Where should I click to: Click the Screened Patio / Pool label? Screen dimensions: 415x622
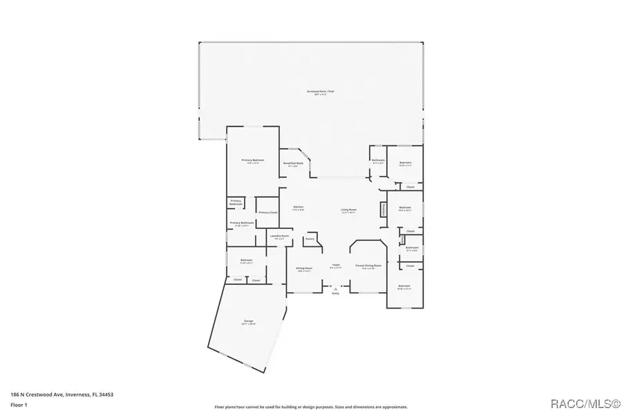(x=317, y=92)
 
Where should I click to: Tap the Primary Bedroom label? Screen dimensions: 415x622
(x=249, y=161)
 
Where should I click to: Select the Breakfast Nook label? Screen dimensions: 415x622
(x=291, y=164)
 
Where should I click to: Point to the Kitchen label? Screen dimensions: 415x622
(x=299, y=207)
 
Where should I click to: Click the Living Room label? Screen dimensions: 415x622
(x=348, y=210)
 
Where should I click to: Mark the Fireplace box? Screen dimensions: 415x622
(x=381, y=210)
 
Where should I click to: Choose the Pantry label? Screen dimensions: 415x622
(x=310, y=239)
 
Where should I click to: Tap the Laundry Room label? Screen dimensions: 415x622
(x=279, y=237)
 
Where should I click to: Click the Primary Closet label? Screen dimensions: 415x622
(x=267, y=212)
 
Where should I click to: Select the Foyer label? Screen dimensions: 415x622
(x=336, y=265)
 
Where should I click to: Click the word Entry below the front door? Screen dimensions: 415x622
(x=336, y=294)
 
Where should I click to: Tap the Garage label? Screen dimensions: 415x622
(x=248, y=322)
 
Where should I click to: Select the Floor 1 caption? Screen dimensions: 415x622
(x=19, y=405)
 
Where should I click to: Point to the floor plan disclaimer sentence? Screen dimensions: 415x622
(x=311, y=407)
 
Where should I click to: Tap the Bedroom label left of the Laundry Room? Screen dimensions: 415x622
(x=246, y=261)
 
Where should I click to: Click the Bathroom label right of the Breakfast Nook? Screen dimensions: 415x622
(x=377, y=160)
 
